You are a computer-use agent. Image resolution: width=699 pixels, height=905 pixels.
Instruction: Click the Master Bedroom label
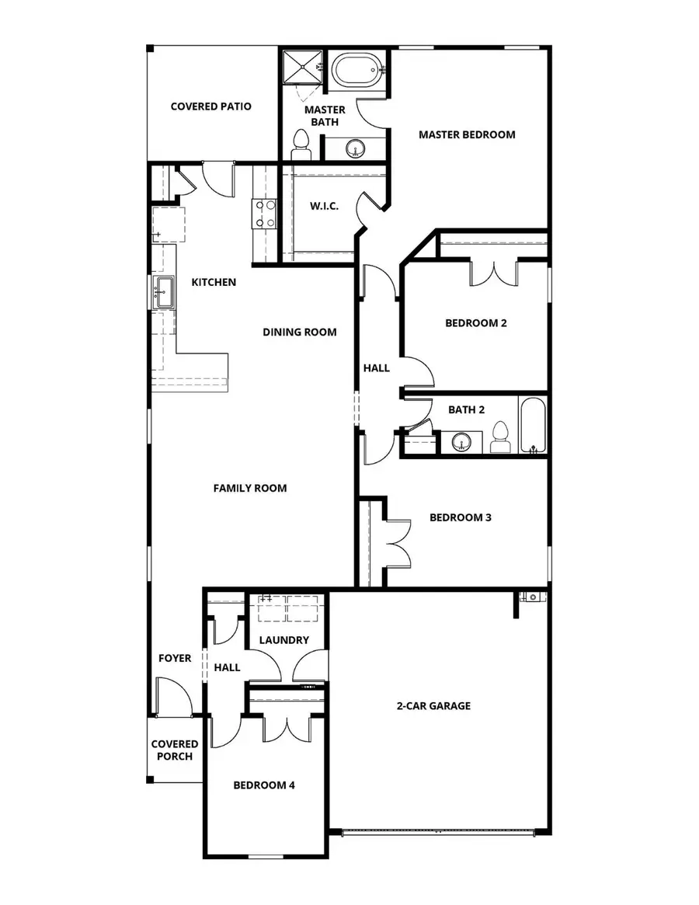pyautogui.click(x=467, y=134)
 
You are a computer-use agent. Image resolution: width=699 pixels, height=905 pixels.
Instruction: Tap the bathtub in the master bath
pyautogui.click(x=356, y=71)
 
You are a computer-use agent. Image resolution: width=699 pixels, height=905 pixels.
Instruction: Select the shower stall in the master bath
pyautogui.click(x=301, y=67)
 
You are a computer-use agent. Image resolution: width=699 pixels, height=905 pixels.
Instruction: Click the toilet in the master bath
pyautogui.click(x=301, y=144)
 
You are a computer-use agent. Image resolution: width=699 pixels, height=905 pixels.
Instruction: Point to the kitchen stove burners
pyautogui.click(x=264, y=214)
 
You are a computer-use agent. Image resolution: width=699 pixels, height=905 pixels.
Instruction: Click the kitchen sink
pyautogui.click(x=163, y=293)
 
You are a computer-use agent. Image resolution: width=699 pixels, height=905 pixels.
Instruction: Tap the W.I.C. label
pyautogui.click(x=324, y=207)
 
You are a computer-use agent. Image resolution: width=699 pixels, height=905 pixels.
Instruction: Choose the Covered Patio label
pyautogui.click(x=210, y=106)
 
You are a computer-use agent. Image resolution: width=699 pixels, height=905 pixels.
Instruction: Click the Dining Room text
pyautogui.click(x=299, y=332)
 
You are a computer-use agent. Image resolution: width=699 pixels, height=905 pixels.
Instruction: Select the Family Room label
pyautogui.click(x=250, y=488)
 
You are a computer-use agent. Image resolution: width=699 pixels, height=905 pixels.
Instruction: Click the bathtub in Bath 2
pyautogui.click(x=533, y=425)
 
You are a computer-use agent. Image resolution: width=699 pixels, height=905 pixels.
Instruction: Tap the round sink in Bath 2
pyautogui.click(x=463, y=442)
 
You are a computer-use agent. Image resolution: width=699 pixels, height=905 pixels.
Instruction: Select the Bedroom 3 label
pyautogui.click(x=460, y=517)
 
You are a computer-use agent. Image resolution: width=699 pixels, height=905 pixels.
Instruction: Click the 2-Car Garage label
pyautogui.click(x=433, y=706)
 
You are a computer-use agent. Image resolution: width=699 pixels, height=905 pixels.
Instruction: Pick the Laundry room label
pyautogui.click(x=284, y=640)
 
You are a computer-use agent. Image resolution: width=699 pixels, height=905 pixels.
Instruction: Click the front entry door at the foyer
pyautogui.click(x=172, y=697)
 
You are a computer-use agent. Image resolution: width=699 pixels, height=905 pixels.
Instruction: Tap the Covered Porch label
pyautogui.click(x=175, y=750)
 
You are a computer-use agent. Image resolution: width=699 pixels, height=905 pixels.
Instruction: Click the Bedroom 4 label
pyautogui.click(x=264, y=785)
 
